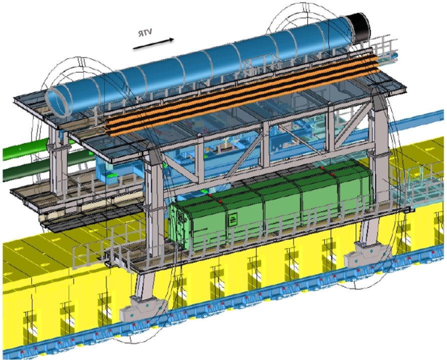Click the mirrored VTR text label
pyautogui.click(x=145, y=33)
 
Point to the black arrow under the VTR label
pyautogui.click(x=153, y=44)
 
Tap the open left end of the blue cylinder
pyautogui.click(x=60, y=102)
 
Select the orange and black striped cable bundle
pyautogui.click(x=242, y=95)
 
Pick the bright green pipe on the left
pyautogui.click(x=26, y=149)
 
